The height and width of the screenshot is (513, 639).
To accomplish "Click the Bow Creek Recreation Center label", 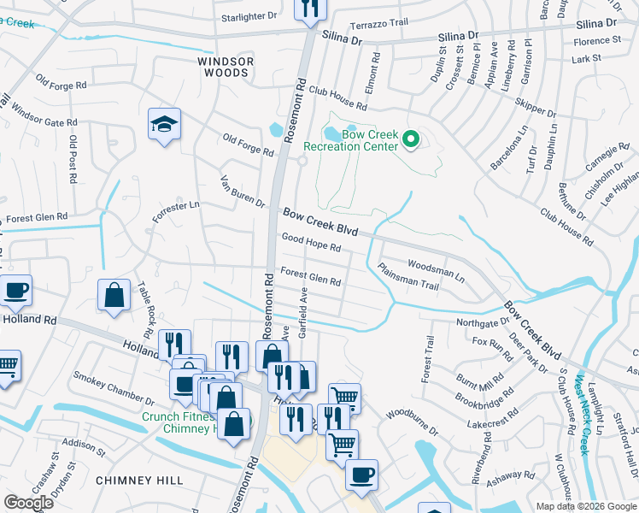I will [x=370, y=141].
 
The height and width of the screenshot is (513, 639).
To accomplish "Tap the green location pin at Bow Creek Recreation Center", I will [x=411, y=138].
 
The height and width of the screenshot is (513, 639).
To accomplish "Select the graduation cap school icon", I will [x=162, y=125].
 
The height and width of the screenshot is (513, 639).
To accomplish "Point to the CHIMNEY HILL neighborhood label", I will [x=129, y=481].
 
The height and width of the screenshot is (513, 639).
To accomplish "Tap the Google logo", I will [x=29, y=503].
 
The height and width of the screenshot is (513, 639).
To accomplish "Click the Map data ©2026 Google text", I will [x=586, y=506].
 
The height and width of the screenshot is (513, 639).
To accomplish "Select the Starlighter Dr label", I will [x=249, y=15].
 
